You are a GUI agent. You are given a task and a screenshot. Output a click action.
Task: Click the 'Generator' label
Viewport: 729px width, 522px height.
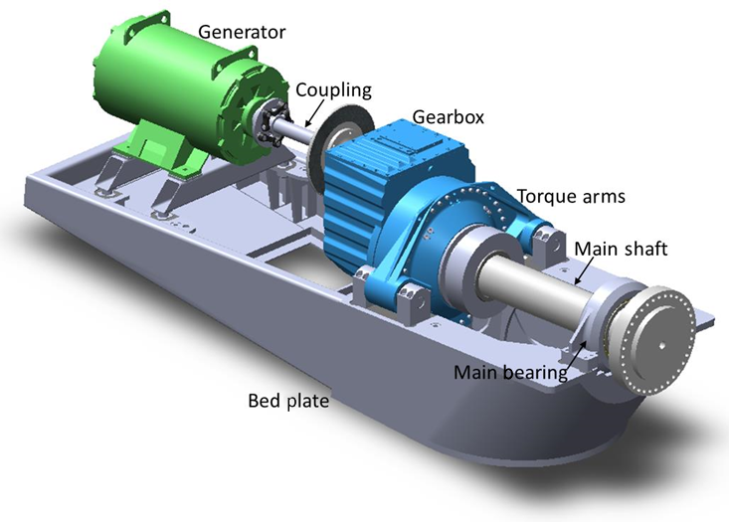242,32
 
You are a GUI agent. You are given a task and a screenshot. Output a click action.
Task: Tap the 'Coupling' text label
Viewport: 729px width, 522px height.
333,89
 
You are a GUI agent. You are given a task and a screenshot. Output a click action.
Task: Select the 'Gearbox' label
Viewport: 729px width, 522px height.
449,116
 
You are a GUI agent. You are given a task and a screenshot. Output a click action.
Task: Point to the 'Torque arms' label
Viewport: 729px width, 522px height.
571,196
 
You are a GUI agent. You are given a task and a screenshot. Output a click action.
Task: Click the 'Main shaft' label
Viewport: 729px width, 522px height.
621,249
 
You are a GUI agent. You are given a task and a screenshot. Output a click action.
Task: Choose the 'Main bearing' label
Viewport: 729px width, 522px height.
510,372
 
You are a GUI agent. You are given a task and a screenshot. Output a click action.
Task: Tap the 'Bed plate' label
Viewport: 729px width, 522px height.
288,401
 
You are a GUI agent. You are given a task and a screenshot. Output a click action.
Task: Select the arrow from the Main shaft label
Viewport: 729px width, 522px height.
585,270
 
